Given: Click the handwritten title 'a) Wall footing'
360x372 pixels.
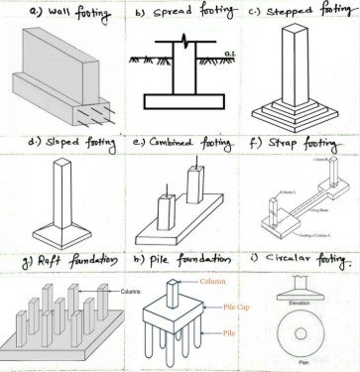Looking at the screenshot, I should pyautogui.click(x=59, y=13).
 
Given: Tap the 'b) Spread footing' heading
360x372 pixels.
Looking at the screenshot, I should pyautogui.click(x=179, y=13).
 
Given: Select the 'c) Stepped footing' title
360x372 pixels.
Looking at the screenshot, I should pyautogui.click(x=302, y=12).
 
